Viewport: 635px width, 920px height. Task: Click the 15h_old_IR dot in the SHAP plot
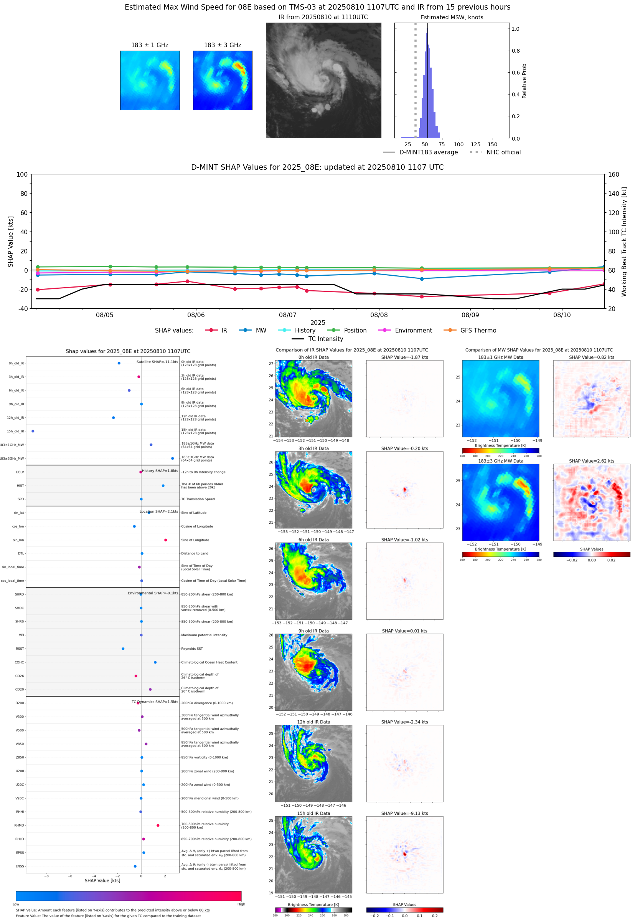(33, 431)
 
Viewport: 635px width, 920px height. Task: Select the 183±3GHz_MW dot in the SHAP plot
(172, 458)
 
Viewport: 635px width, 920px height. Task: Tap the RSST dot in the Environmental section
(123, 649)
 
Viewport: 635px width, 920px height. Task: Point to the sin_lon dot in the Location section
(165, 540)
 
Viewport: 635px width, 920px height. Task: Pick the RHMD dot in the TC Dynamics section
(158, 825)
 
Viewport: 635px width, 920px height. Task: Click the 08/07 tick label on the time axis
(287, 315)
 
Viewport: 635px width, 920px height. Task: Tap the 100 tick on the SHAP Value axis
(22, 174)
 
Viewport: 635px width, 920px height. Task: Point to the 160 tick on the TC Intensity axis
(614, 174)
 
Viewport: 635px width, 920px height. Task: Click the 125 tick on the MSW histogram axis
(475, 144)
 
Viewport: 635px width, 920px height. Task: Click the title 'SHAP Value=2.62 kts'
(592, 461)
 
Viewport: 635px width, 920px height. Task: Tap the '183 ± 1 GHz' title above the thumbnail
(150, 45)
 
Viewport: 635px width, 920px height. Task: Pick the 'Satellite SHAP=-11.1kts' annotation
(157, 362)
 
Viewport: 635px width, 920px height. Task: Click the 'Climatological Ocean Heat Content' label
(209, 662)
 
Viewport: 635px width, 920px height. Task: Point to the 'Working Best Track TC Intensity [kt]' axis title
(624, 242)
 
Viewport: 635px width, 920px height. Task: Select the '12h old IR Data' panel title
(313, 722)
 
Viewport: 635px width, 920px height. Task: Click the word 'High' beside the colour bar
(241, 904)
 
